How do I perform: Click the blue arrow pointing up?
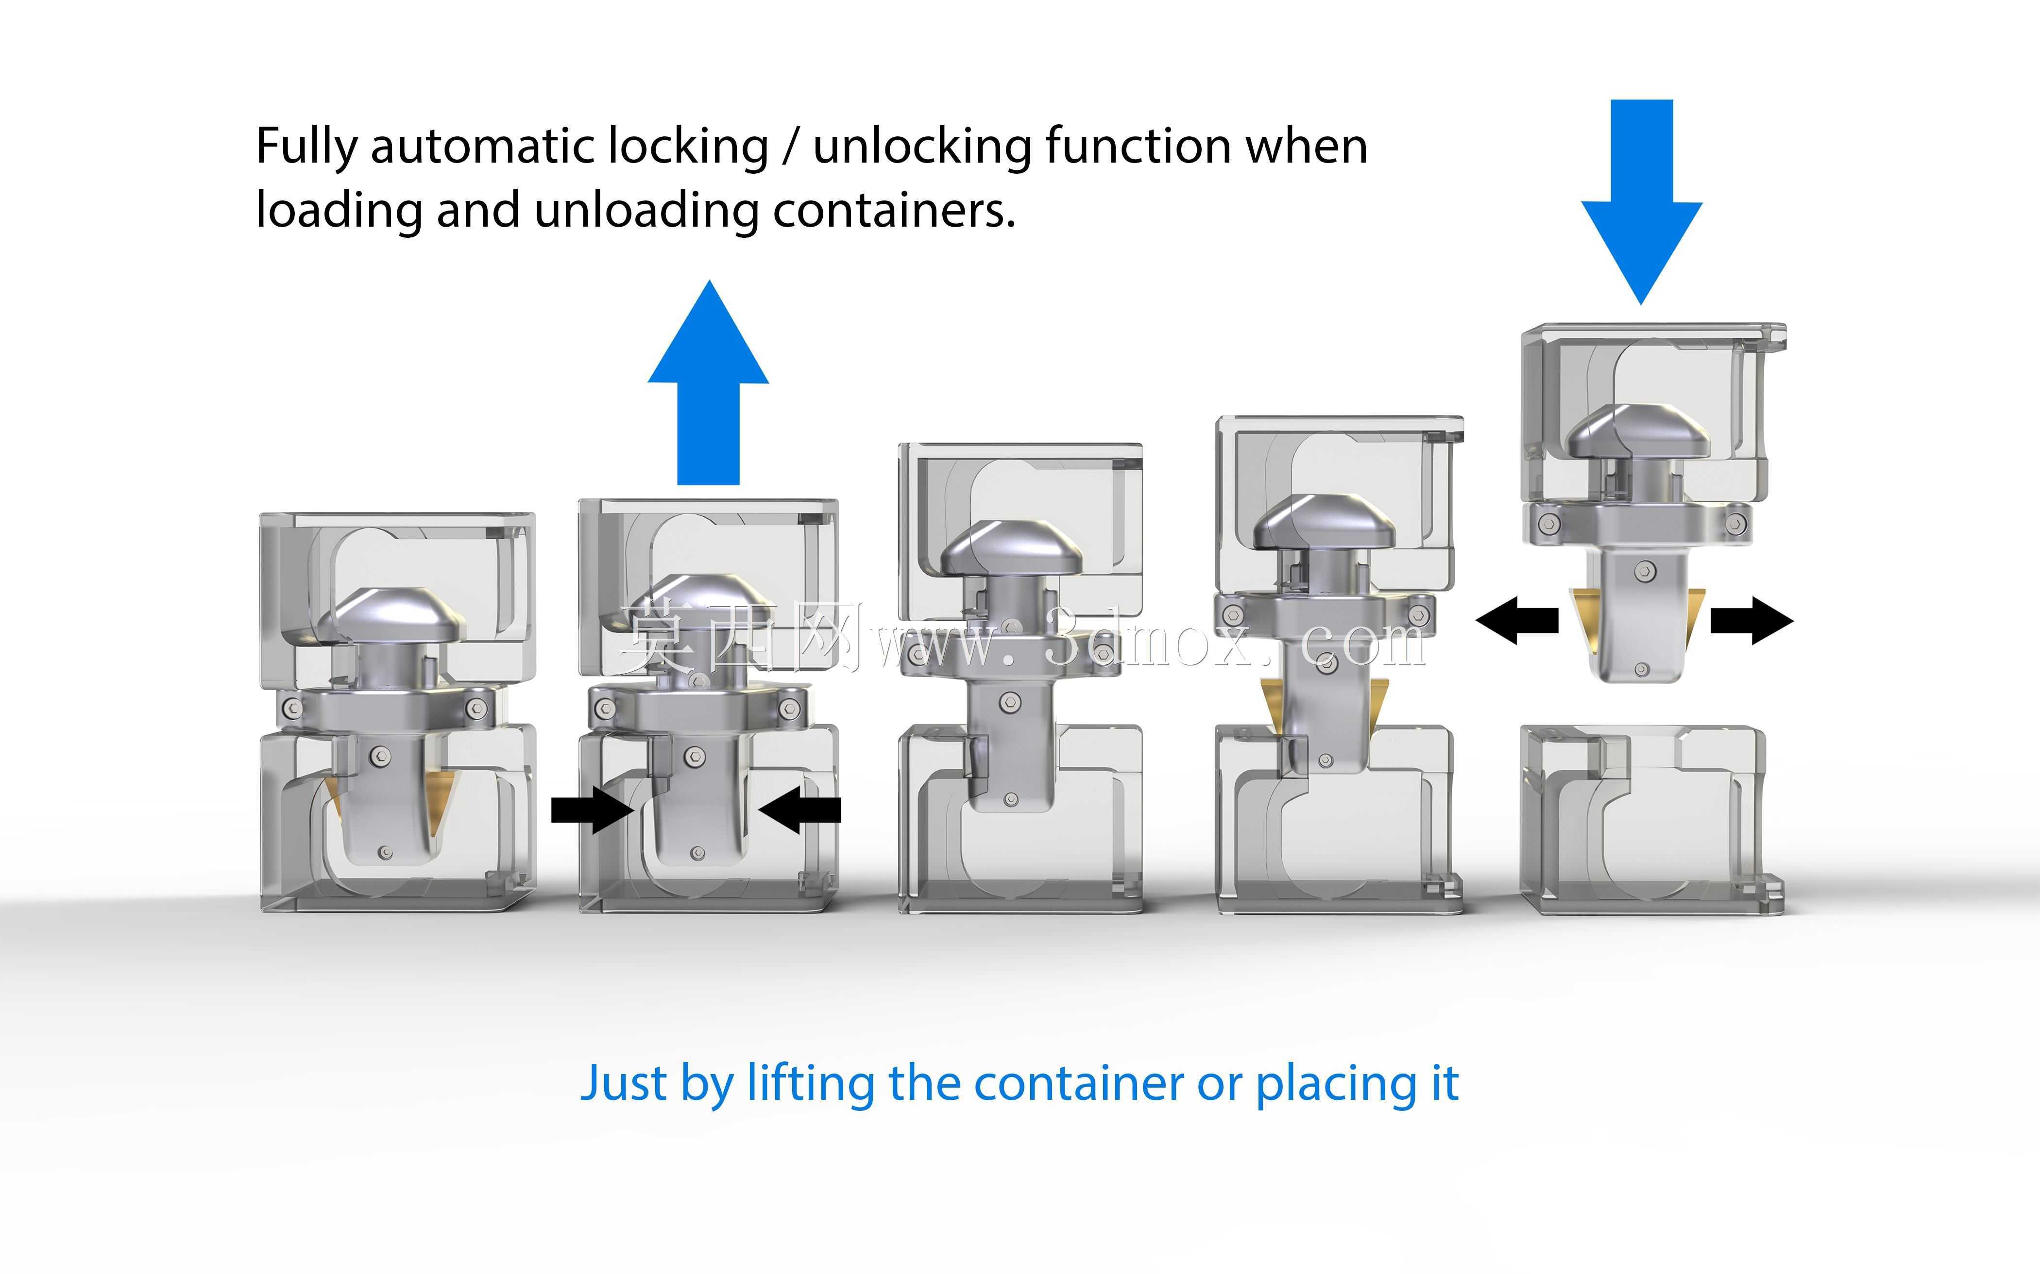coord(708,383)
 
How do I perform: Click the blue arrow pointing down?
coord(1641,202)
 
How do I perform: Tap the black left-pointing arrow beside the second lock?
coord(799,810)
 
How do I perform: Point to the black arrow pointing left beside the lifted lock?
coord(1516,621)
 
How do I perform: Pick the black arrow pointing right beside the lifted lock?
coord(1751,621)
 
